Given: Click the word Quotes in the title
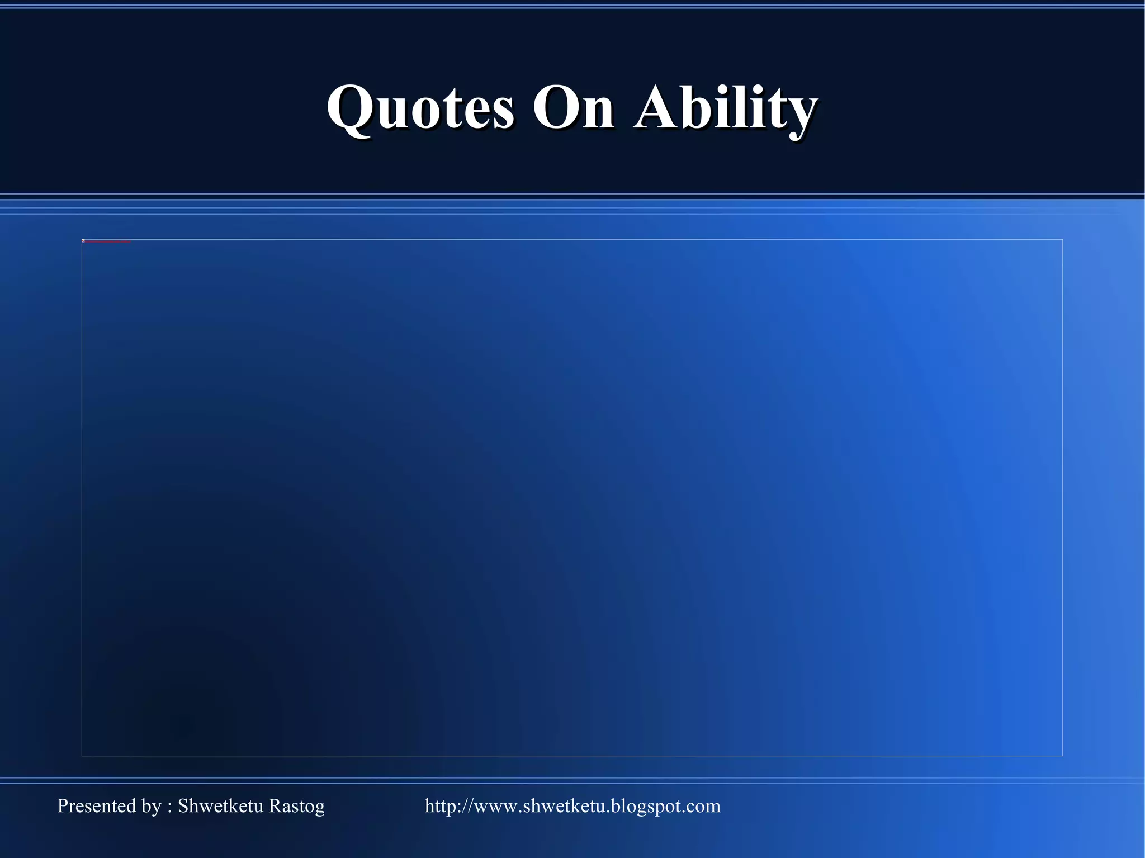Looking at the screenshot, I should tap(420, 107).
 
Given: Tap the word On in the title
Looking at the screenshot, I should tap(573, 107).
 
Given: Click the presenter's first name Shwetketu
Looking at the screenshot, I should tap(220, 806).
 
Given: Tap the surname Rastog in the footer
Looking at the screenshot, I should tap(296, 806).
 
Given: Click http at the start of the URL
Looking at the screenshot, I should tap(439, 806).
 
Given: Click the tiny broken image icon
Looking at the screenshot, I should tap(83, 241).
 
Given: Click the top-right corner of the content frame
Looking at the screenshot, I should tap(1062, 240).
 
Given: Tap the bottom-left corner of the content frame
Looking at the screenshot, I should tap(82, 756).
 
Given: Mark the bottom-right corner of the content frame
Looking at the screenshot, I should tap(1062, 756).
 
